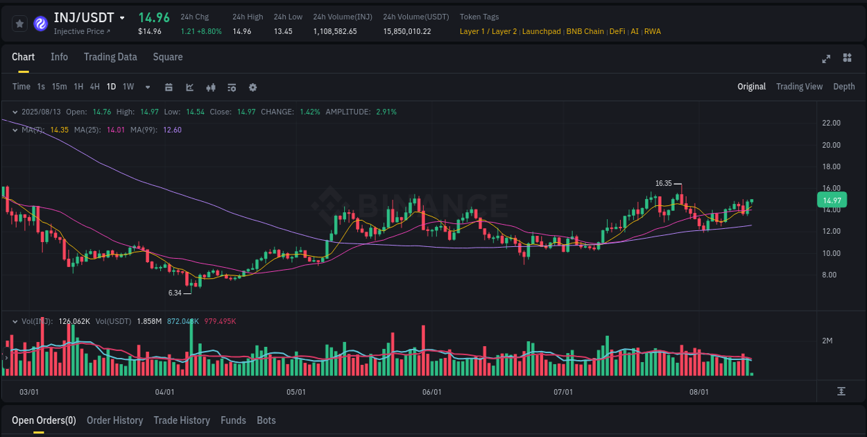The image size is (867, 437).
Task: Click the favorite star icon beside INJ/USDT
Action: click(19, 24)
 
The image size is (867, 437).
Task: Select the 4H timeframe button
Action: click(94, 87)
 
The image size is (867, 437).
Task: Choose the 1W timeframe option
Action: click(128, 87)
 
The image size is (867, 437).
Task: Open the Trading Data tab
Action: click(110, 57)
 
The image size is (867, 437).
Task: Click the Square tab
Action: click(168, 57)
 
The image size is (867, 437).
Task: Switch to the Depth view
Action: click(843, 87)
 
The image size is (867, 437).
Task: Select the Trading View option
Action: click(799, 87)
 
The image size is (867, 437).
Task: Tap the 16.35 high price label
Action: click(664, 183)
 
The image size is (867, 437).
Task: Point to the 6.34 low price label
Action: click(175, 293)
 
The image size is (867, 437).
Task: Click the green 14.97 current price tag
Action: click(832, 200)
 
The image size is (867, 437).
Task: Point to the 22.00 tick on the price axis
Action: click(831, 123)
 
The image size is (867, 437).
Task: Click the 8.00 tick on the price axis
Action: click(830, 275)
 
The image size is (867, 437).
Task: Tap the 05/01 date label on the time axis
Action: click(296, 392)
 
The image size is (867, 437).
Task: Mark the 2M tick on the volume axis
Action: click(832, 341)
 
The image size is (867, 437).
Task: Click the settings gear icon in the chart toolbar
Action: click(252, 87)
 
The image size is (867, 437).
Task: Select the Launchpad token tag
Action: click(542, 31)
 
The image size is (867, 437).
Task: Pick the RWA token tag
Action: click(653, 31)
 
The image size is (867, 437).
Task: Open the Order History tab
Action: click(114, 420)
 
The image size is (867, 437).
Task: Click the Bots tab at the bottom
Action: click(266, 420)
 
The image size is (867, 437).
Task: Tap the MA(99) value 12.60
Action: click(172, 130)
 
